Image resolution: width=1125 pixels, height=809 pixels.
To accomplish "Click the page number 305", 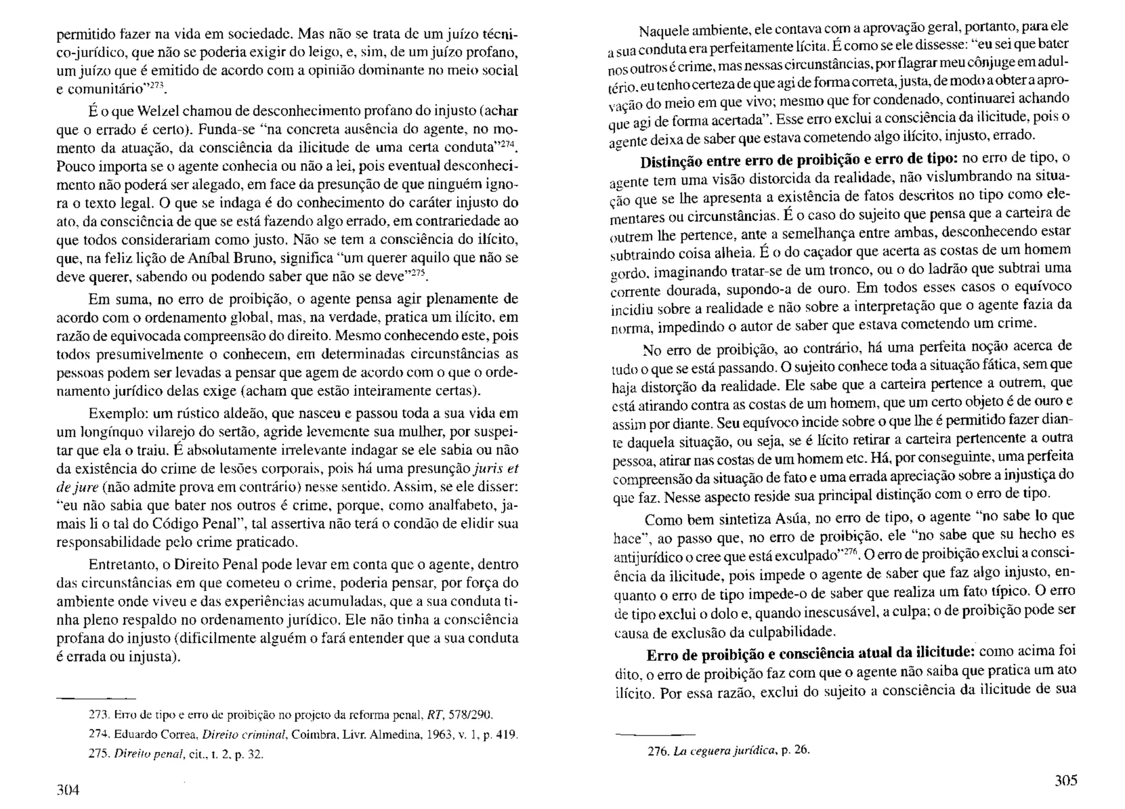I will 1066,781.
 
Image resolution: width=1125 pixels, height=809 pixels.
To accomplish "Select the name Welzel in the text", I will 158,111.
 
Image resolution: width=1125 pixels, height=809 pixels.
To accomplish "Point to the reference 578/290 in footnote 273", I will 471,716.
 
